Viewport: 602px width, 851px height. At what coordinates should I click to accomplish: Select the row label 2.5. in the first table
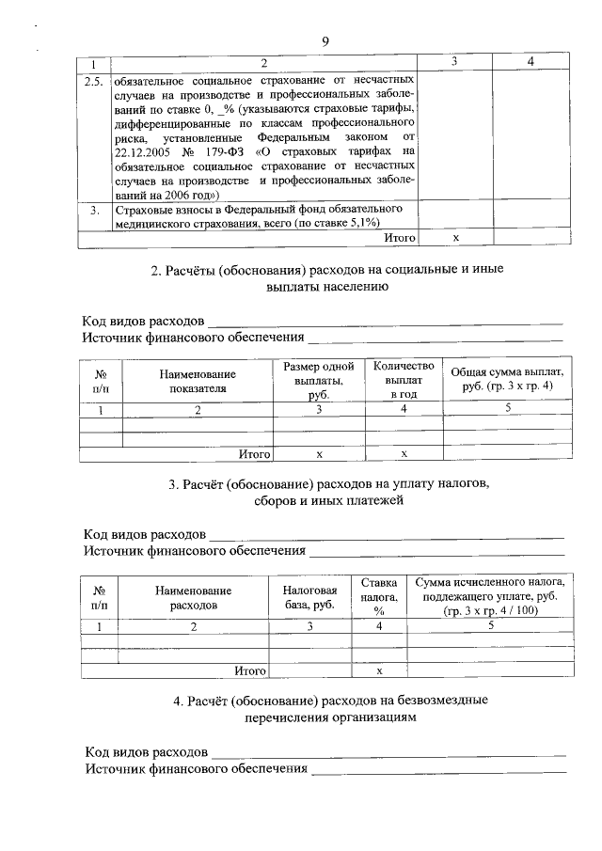pos(94,80)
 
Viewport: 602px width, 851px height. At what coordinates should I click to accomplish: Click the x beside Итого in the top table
pos(455,238)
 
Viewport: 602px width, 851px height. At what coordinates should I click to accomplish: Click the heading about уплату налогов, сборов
pos(327,493)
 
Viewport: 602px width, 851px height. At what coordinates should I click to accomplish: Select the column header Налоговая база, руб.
pos(309,597)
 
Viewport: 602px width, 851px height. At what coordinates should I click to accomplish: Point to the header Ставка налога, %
pos(379,597)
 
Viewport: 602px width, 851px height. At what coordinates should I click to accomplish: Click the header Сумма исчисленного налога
pos(490,597)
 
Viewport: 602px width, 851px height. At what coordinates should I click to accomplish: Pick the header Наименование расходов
pos(194,597)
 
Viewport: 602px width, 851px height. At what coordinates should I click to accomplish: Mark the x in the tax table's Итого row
pos(379,670)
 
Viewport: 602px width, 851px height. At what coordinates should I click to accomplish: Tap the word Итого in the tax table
pos(248,670)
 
